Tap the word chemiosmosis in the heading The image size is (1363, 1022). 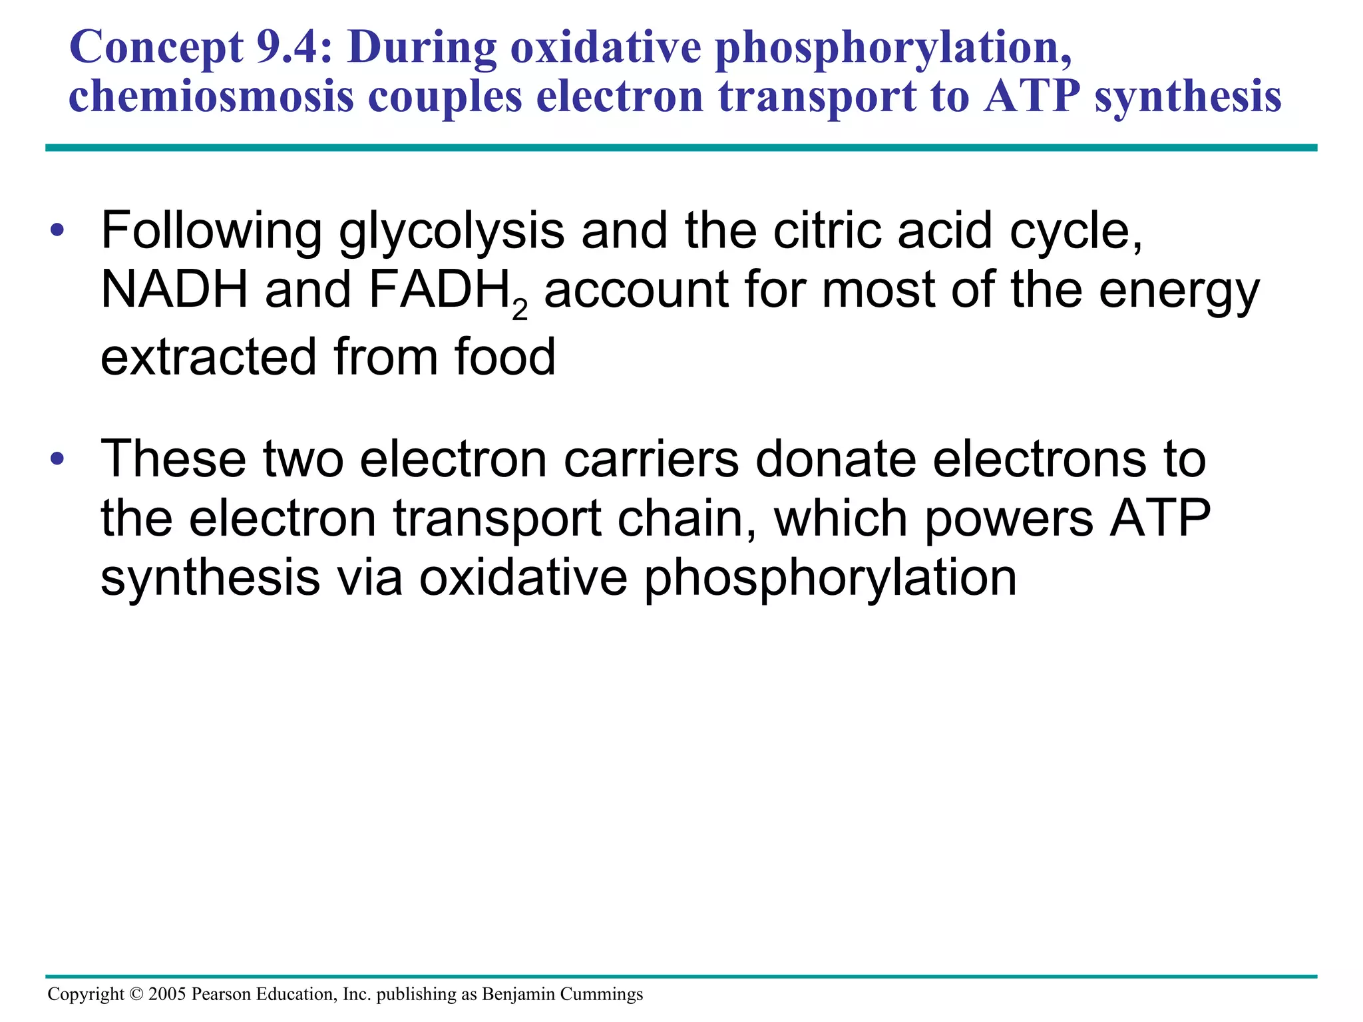click(211, 97)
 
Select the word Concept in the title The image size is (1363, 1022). click(156, 48)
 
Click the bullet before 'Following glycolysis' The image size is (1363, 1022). click(58, 231)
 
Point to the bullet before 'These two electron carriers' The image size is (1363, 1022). click(58, 458)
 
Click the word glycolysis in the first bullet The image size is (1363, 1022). click(451, 231)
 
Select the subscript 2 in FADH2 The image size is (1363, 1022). click(520, 309)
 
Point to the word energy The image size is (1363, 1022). click(1179, 291)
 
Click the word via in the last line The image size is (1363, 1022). click(370, 577)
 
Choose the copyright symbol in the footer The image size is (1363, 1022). click(136, 994)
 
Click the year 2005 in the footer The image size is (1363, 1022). click(167, 994)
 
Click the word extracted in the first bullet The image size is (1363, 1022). click(208, 357)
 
